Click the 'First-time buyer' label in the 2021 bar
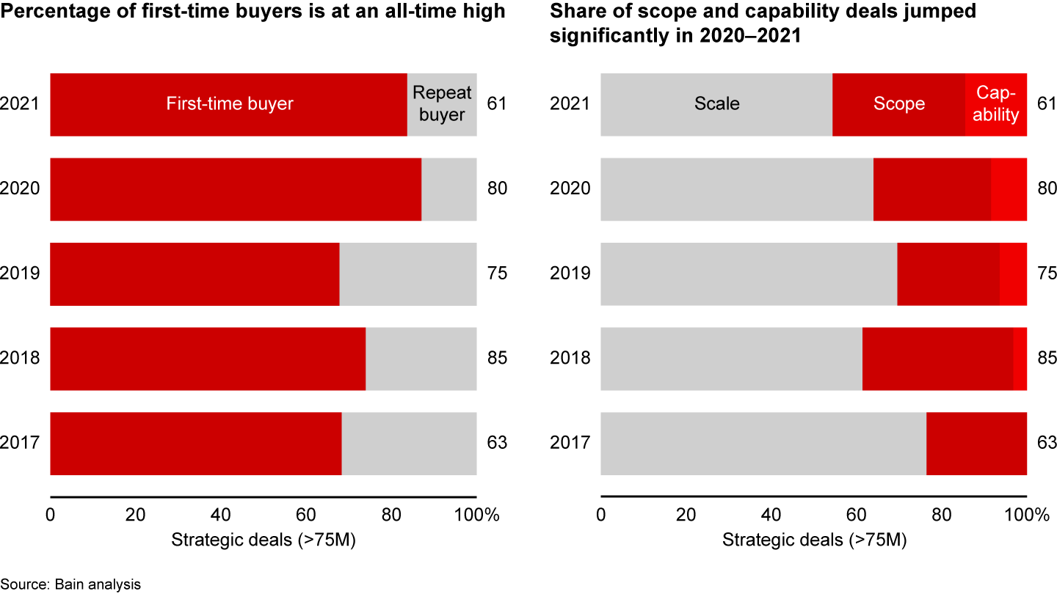click(x=230, y=104)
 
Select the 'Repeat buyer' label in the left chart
click(x=442, y=104)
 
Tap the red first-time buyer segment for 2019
click(x=195, y=274)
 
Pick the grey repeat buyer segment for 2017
click(x=409, y=444)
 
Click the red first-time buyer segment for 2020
click(x=235, y=189)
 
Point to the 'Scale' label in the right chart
click(x=717, y=104)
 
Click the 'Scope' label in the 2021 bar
click(x=899, y=104)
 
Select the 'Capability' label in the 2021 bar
click(x=996, y=104)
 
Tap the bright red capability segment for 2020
click(x=1009, y=189)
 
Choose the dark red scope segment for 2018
click(x=937, y=359)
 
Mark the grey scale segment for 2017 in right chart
click(x=763, y=444)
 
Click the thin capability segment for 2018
click(x=1020, y=359)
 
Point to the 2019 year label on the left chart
click(x=20, y=274)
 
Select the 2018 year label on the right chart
click(x=570, y=359)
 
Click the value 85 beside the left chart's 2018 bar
click(x=497, y=359)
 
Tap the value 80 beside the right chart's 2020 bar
click(x=1047, y=189)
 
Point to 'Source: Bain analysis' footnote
click(x=70, y=584)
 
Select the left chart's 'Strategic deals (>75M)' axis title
click(x=264, y=540)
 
